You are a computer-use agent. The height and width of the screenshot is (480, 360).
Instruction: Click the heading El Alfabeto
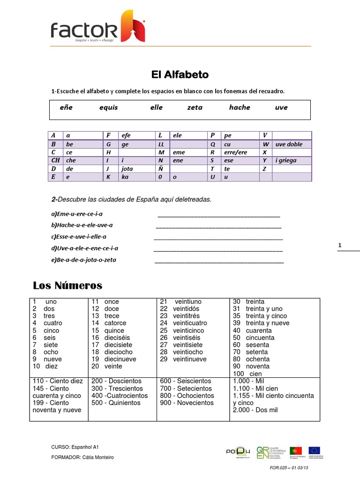[180, 75]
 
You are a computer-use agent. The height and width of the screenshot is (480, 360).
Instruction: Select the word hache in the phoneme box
[240, 107]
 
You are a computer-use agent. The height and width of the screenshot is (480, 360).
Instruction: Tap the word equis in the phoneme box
[108, 107]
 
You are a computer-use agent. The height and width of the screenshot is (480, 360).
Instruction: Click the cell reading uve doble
[289, 144]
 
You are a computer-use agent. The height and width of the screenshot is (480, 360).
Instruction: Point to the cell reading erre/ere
[235, 152]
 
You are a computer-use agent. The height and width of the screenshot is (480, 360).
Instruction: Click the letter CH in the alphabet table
[56, 160]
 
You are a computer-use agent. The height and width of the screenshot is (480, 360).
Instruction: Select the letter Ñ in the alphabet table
[161, 169]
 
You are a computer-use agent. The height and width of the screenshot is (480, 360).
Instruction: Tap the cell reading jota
[127, 169]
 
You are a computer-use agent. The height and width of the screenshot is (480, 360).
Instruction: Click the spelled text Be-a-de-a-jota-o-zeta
[84, 260]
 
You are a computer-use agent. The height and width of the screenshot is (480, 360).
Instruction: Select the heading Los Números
[67, 285]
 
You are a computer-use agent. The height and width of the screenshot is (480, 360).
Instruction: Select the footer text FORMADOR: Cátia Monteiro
[82, 457]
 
